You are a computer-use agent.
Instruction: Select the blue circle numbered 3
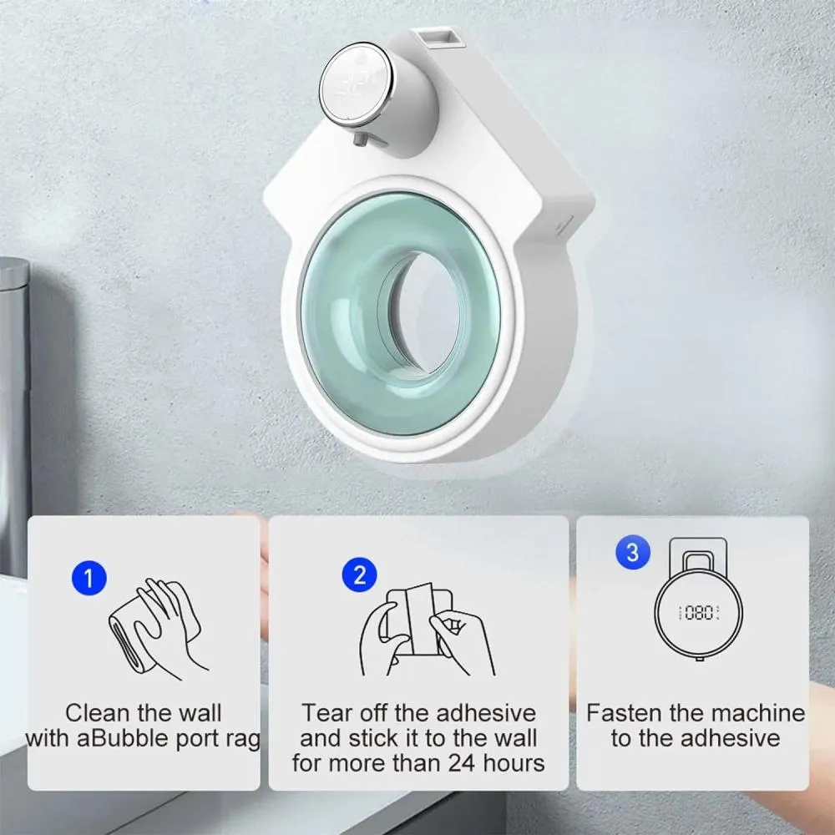(632, 552)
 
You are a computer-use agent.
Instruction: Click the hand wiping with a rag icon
(157, 622)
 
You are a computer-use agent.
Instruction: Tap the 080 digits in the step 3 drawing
(697, 614)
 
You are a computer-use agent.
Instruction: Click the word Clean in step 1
(98, 713)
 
